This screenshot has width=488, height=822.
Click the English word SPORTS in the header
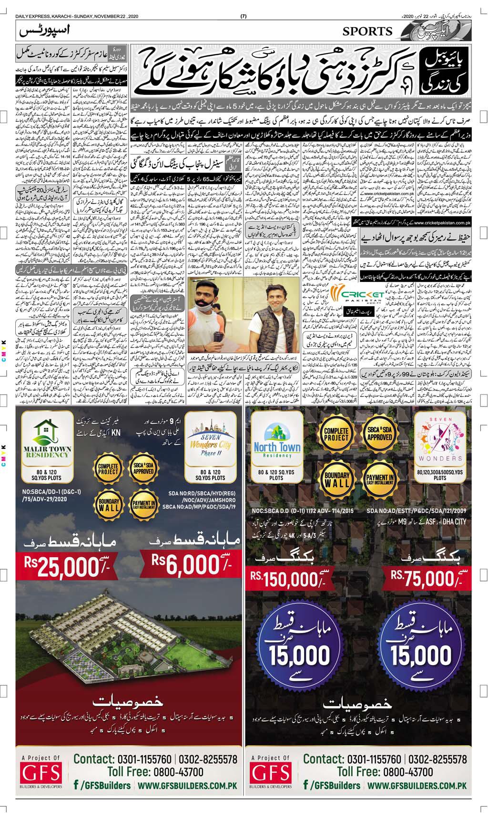pos(367,31)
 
